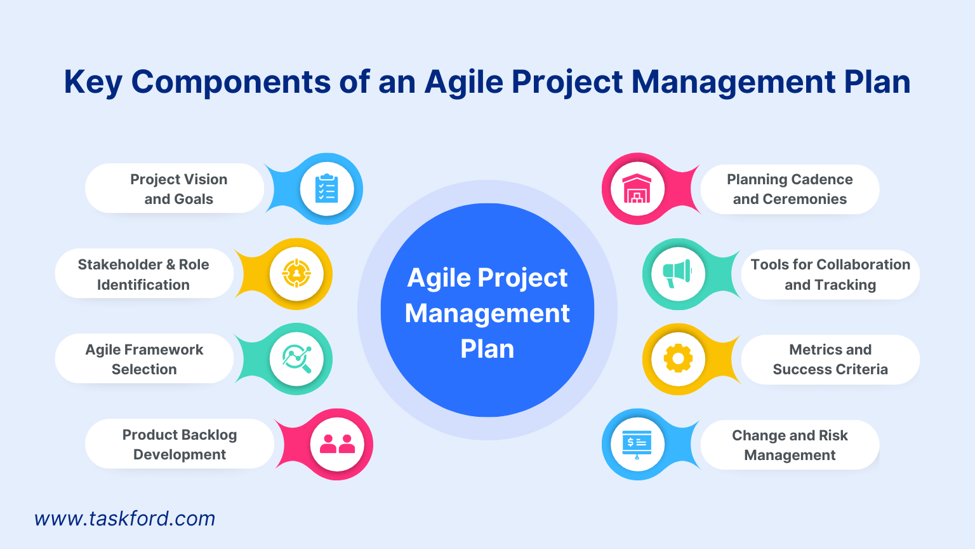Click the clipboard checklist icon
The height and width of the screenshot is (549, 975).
pos(327,189)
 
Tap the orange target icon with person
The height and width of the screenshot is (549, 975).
pos(296,274)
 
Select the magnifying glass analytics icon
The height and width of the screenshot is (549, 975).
pos(296,359)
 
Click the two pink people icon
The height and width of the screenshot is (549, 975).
pos(337,444)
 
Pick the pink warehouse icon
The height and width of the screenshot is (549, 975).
pos(637,189)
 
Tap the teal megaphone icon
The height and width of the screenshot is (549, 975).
pos(677,274)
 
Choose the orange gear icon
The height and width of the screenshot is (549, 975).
pos(678,359)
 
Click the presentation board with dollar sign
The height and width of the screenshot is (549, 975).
pos(637,444)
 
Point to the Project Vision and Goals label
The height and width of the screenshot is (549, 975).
pos(178,189)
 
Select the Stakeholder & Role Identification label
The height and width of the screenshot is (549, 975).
pos(143,274)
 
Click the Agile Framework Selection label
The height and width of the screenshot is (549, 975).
pos(144,359)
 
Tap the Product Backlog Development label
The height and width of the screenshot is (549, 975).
pos(180,444)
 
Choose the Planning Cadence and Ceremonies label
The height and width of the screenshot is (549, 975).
pos(790,189)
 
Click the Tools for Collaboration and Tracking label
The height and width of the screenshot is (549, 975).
pos(830,274)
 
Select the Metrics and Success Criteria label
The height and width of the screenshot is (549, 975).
pos(830,359)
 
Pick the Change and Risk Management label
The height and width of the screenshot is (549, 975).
pos(790,445)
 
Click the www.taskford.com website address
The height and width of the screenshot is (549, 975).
pos(125,518)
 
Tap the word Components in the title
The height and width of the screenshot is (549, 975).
pos(231,83)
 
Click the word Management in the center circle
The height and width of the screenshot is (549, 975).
pos(487,313)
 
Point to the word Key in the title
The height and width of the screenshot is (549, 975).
pos(93,83)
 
